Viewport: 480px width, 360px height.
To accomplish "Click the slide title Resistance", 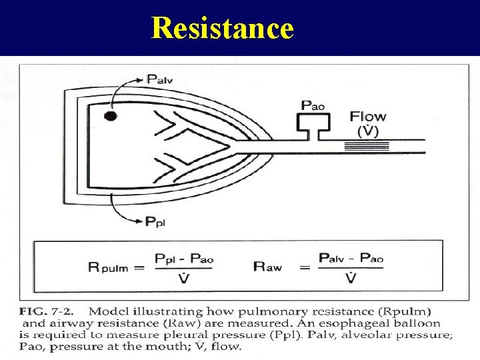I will click(x=222, y=28).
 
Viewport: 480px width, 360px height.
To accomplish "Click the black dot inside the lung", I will click(x=111, y=116).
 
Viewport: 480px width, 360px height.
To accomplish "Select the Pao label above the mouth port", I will click(x=314, y=105).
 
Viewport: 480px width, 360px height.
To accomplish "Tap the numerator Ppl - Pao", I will click(x=184, y=258).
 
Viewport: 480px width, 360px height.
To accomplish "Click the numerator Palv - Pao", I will click(x=351, y=258).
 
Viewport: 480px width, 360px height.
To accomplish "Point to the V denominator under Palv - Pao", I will click(x=351, y=277).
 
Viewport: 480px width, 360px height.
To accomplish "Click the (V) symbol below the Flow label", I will click(x=368, y=131).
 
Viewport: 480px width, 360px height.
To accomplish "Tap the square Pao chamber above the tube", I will click(x=314, y=122).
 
